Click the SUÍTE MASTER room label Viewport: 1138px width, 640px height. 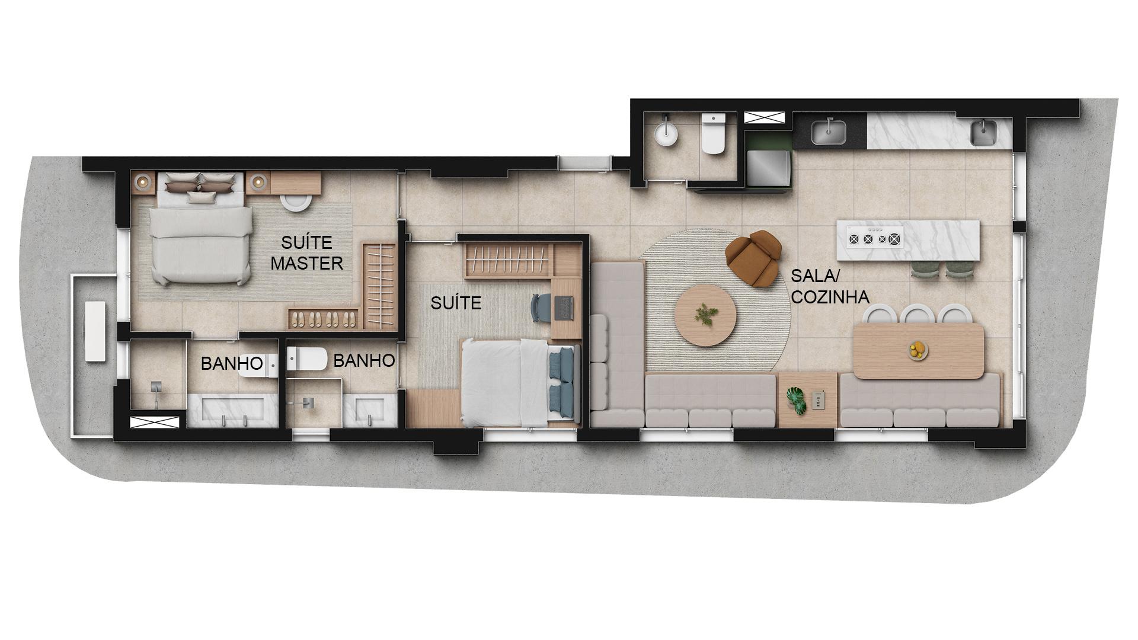[306, 252]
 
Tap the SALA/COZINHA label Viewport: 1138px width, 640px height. [830, 286]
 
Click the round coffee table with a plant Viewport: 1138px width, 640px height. [706, 315]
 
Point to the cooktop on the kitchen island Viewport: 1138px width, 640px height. [875, 239]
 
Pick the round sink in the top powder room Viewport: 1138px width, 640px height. [666, 134]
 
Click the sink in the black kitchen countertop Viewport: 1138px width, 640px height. [829, 132]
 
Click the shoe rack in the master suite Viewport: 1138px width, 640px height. [324, 318]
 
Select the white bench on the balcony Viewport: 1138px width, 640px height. [95, 331]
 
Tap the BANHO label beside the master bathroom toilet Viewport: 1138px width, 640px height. [232, 363]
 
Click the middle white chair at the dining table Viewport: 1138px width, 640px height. [917, 313]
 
